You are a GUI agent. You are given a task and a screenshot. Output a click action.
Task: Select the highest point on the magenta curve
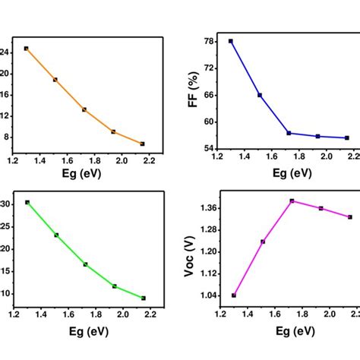(292, 201)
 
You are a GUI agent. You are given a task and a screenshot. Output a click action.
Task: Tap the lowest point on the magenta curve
(234, 295)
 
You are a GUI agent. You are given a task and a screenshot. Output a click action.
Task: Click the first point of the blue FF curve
(231, 41)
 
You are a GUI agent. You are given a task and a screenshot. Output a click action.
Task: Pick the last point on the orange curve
(143, 144)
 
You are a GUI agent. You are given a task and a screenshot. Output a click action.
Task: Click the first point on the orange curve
(26, 49)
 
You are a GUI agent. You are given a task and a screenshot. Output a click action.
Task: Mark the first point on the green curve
(27, 202)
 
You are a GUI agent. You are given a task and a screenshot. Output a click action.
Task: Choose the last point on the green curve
(144, 298)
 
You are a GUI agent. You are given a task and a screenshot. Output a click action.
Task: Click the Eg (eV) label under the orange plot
(81, 172)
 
